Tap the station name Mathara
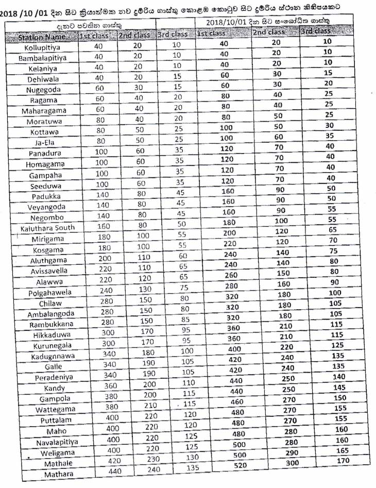[58, 474]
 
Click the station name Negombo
[46, 217]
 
